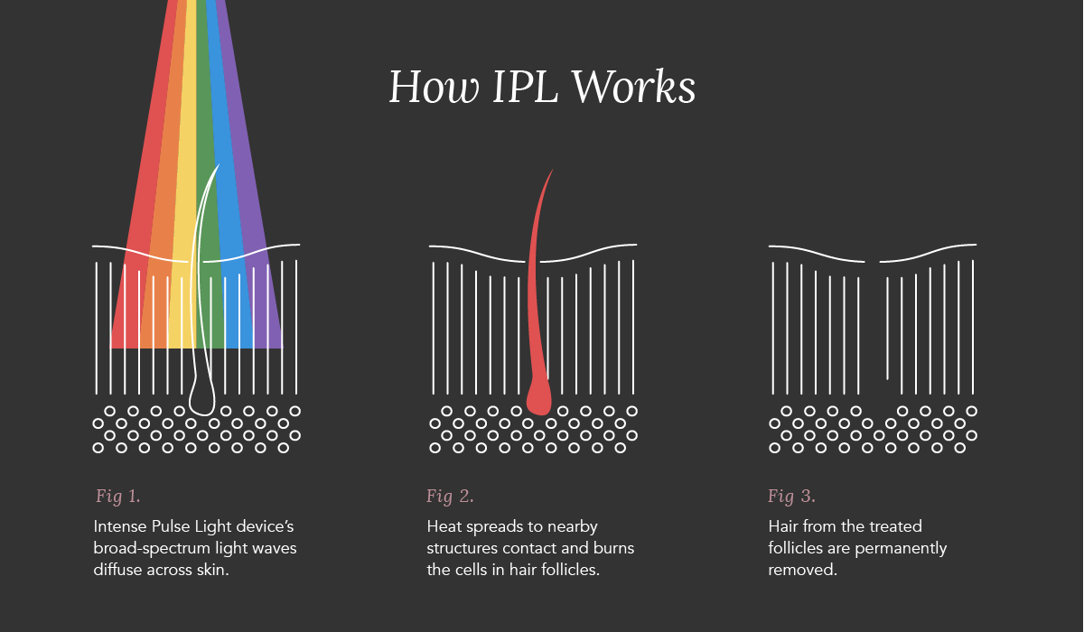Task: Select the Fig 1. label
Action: click(118, 496)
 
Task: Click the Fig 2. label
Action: click(450, 496)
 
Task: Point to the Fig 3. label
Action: click(791, 496)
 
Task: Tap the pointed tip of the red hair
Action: click(549, 173)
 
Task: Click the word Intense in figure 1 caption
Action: click(117, 526)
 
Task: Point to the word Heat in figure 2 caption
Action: click(444, 526)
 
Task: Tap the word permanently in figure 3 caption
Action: click(903, 548)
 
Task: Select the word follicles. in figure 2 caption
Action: click(571, 571)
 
